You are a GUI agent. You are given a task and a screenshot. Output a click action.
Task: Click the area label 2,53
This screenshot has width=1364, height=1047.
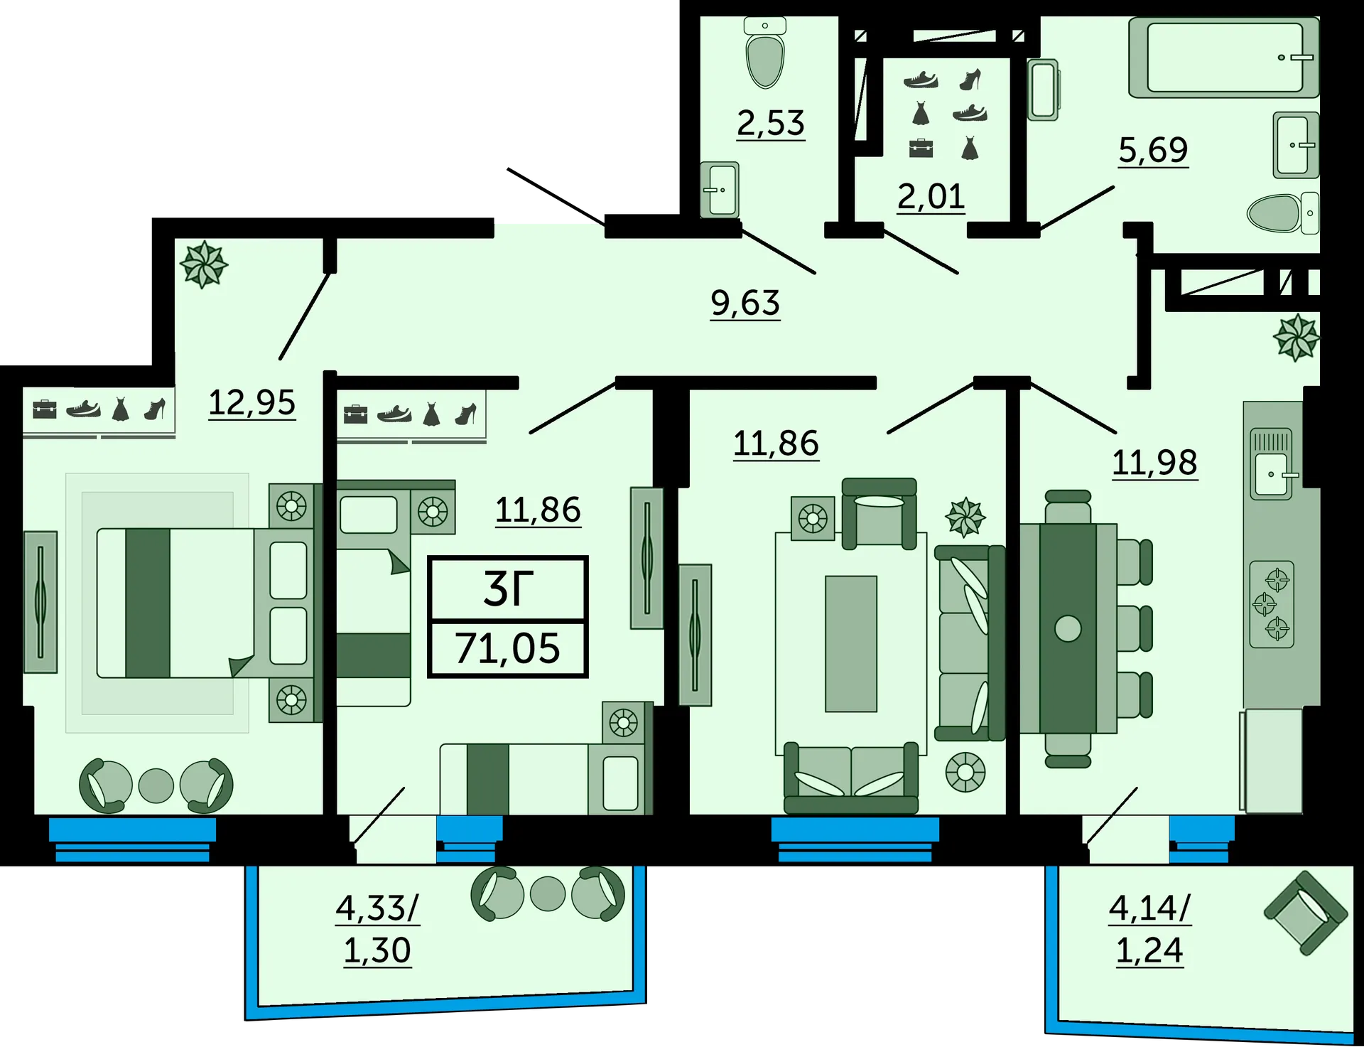tap(771, 123)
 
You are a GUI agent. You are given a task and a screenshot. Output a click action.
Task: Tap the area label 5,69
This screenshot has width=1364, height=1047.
tap(1153, 150)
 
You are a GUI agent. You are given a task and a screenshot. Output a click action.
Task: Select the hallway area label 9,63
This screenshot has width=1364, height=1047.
tap(745, 304)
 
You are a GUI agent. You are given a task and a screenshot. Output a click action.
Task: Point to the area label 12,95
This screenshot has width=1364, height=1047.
tap(251, 403)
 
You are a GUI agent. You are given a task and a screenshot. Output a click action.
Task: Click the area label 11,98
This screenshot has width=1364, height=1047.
tap(1154, 463)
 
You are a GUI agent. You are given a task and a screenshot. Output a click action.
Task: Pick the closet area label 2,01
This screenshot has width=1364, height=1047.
tap(931, 196)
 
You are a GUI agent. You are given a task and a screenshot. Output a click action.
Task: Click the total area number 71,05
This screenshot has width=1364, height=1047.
tap(507, 648)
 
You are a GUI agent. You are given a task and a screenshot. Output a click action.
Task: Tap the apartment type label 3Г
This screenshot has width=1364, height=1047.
tap(507, 589)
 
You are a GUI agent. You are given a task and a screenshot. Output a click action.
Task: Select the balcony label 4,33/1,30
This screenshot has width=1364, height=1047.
tap(377, 928)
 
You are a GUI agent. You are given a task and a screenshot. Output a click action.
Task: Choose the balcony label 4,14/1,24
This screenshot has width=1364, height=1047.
tap(1149, 928)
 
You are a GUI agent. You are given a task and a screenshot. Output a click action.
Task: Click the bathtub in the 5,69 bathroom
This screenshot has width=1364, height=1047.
tap(1223, 58)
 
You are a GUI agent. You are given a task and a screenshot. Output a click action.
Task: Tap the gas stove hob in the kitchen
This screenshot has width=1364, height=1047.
tap(1272, 604)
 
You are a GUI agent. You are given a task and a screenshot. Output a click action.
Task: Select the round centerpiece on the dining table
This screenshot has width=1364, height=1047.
tap(1068, 628)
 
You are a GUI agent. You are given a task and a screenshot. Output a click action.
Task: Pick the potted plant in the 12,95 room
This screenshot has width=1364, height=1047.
tap(203, 264)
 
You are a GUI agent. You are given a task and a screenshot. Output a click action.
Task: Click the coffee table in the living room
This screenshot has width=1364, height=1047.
tap(850, 643)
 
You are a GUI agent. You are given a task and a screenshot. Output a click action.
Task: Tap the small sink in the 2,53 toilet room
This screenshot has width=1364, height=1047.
tap(720, 190)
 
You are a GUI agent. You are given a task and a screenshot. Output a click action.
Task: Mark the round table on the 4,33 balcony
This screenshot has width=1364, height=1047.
tap(548, 893)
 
